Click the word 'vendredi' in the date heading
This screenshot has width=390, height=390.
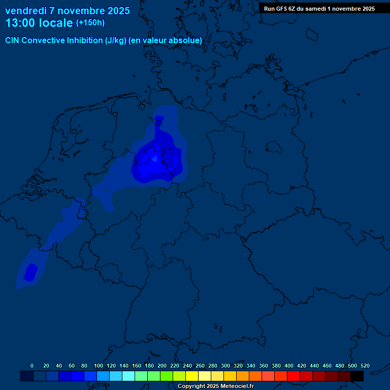point(26,11)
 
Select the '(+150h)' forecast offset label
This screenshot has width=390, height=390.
point(90,22)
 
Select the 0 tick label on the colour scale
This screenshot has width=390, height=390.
point(32,366)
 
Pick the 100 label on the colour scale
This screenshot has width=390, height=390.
point(99,366)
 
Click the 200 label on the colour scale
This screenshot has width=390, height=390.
point(162,366)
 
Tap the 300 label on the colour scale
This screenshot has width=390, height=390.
point(225,366)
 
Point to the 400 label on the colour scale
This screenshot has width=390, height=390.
point(289,366)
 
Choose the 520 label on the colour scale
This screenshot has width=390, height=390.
point(365,366)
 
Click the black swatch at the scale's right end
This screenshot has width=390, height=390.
point(357,376)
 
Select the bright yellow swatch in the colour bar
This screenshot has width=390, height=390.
point(192,376)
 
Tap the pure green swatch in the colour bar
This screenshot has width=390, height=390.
point(167,376)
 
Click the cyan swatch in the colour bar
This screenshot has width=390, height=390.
point(128,376)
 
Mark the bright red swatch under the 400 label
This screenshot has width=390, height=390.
point(294,376)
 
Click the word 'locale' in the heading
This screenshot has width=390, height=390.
point(56,23)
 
